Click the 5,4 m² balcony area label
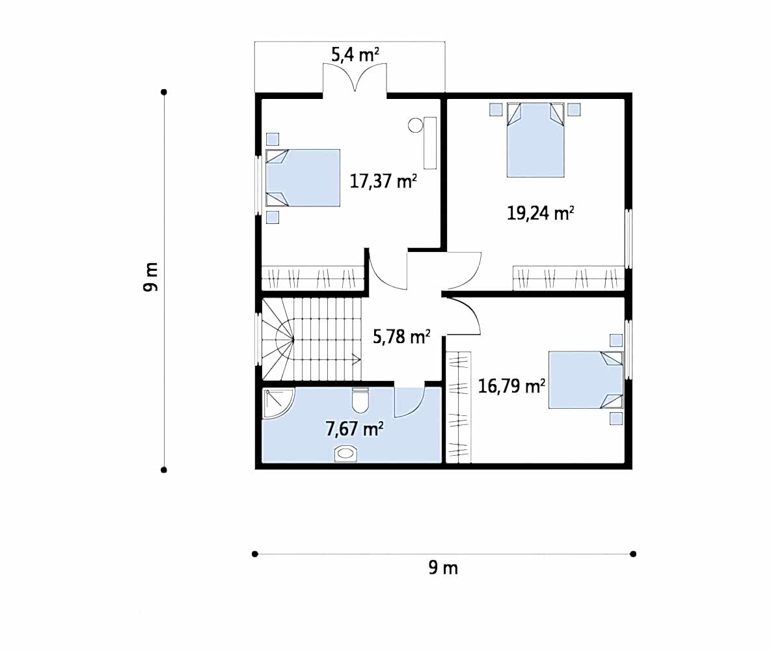pos(355,55)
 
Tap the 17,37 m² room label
pos(383,181)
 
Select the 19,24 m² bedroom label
pos(541,213)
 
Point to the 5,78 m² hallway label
pos(401,337)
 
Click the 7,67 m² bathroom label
pos(355,429)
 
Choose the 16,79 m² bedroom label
pos(511,386)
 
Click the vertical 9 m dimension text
pos(151,277)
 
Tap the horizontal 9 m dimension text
pos(443,568)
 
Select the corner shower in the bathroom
pos(278,403)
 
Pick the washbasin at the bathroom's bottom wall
pos(345,453)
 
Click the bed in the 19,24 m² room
pos(535,140)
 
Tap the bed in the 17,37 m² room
pos(303,178)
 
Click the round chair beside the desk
pos(416,125)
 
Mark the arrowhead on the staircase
pos(357,359)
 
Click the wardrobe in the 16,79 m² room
pos(459,407)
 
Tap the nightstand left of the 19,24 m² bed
pos(496,109)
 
